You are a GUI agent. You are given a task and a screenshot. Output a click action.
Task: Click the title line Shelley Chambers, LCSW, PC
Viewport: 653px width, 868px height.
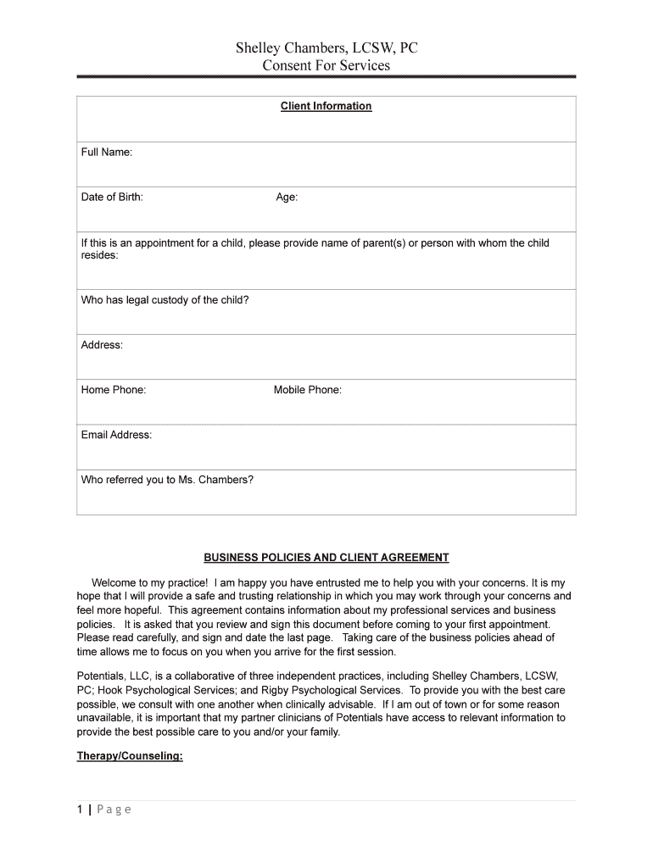pos(326,48)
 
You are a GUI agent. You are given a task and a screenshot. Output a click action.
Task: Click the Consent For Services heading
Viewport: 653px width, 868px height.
pos(326,65)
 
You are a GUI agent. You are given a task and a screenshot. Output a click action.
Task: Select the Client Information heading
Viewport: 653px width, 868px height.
pos(326,106)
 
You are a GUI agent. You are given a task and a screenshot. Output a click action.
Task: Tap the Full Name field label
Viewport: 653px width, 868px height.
pos(106,153)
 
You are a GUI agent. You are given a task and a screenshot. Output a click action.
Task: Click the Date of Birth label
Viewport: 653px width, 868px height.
pos(112,198)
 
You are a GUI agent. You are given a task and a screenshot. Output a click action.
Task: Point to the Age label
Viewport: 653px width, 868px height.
pos(287,198)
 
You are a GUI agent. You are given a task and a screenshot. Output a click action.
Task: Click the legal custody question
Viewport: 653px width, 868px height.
pos(165,300)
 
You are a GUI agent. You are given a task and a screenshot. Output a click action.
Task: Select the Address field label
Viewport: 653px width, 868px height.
pos(102,345)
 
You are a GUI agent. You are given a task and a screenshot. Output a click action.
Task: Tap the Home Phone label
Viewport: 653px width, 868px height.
pos(114,390)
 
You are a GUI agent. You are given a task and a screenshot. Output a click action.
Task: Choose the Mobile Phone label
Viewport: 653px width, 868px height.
pos(307,390)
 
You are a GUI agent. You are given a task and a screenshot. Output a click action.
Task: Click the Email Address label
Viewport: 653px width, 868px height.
pos(116,435)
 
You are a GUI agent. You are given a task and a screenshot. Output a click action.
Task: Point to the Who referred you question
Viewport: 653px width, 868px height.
pos(167,480)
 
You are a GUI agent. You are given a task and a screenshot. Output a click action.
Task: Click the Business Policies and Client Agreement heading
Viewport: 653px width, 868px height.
pos(326,558)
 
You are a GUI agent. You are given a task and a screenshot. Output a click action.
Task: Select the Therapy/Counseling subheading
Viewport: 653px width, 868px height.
pos(130,755)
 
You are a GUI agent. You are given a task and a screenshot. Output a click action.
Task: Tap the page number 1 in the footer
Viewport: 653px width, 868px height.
pos(80,810)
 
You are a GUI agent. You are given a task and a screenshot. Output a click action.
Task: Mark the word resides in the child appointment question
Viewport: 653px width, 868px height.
pos(99,255)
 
